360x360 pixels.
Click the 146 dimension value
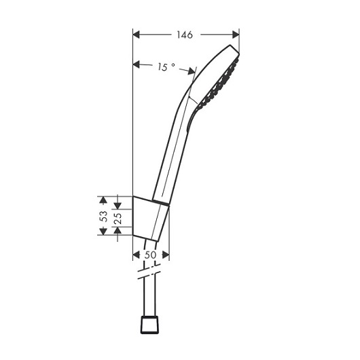[185, 35]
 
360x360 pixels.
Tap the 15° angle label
[166, 67]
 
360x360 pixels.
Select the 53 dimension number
[103, 216]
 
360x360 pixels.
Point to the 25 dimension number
[118, 218]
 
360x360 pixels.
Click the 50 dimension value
[150, 255]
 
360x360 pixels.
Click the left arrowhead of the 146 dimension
[137, 35]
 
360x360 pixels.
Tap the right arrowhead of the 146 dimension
[236, 35]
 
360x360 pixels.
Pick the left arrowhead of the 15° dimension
[137, 65]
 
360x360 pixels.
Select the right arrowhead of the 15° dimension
[192, 71]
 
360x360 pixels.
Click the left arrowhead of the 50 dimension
[137, 255]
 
